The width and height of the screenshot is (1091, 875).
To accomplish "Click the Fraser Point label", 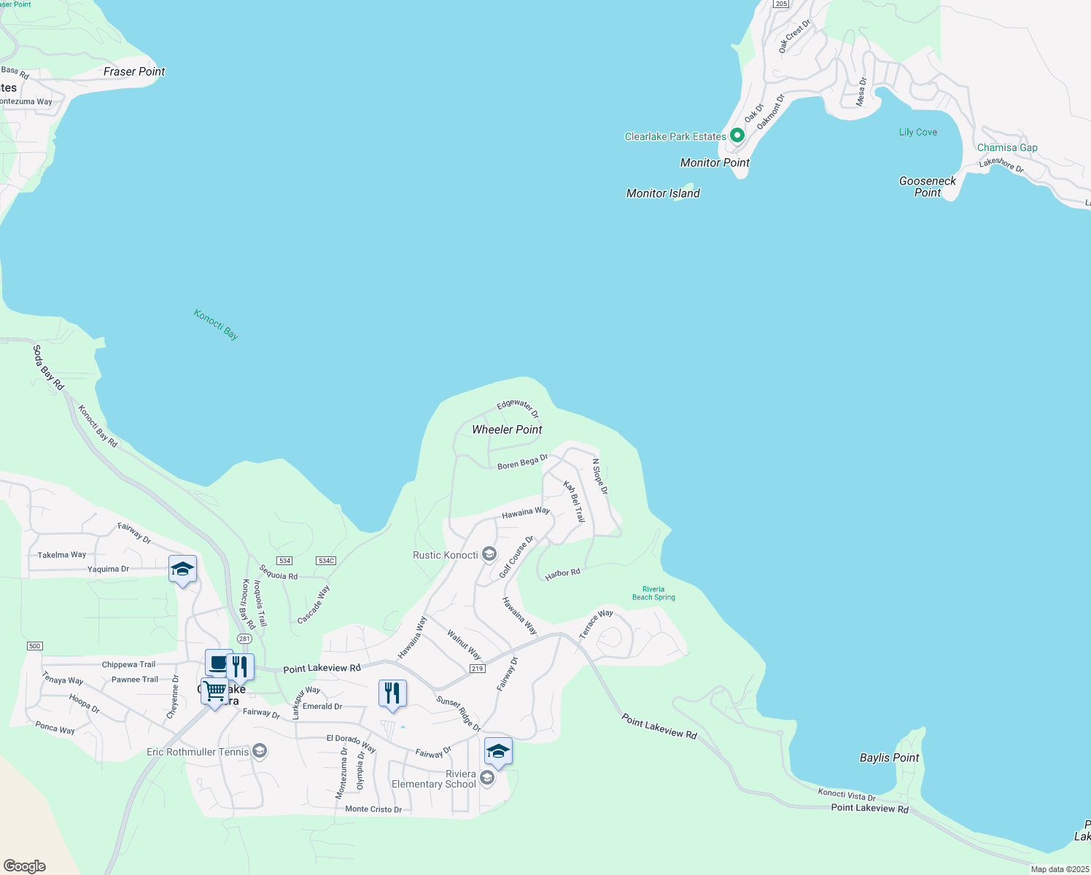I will tap(134, 71).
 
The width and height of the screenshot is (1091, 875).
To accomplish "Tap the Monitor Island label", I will tap(663, 193).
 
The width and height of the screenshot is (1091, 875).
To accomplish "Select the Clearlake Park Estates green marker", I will tap(737, 135).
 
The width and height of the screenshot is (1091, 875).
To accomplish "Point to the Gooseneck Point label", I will tap(928, 187).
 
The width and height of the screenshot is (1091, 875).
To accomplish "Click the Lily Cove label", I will tap(918, 132).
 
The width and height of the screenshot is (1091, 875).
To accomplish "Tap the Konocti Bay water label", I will tap(216, 324).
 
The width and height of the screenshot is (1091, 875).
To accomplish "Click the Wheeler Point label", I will tap(507, 429).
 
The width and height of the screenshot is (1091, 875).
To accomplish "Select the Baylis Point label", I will tap(889, 758).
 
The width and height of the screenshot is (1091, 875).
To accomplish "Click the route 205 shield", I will tap(781, 4).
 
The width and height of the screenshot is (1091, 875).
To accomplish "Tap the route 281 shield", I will tap(244, 639).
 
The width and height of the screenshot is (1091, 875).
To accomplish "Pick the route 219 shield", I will tap(477, 669).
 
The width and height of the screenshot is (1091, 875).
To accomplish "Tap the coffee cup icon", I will tap(218, 663).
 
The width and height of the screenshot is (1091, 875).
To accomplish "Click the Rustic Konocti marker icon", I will tap(489, 555).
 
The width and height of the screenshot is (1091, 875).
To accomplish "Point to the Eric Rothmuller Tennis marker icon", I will tap(260, 752).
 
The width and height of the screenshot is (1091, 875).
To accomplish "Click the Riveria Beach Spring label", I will tap(653, 594).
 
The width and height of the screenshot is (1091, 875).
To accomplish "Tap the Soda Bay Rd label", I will tap(48, 367).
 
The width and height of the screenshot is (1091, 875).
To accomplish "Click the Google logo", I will tap(25, 866).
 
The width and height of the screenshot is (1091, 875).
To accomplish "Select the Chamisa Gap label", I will tap(1007, 147).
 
